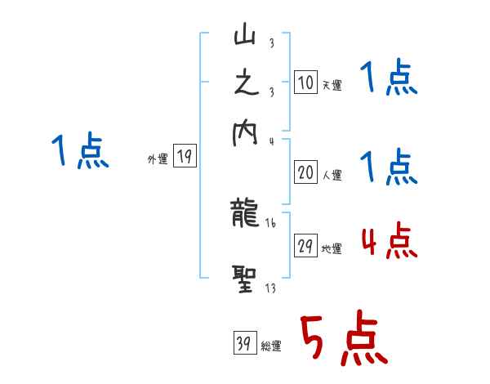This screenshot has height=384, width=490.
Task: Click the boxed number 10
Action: pyautogui.click(x=304, y=82)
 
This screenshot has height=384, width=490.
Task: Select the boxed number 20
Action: pyautogui.click(x=304, y=172)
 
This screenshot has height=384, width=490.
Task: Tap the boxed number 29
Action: pyautogui.click(x=304, y=246)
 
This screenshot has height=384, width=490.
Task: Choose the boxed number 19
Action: pyautogui.click(x=185, y=157)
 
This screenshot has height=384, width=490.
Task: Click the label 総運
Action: pyautogui.click(x=271, y=346)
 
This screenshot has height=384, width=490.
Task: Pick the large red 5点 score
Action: pyautogui.click(x=341, y=340)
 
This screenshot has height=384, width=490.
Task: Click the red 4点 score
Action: pyautogui.click(x=388, y=242)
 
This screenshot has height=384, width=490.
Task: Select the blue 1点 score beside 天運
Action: pyautogui.click(x=388, y=79)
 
